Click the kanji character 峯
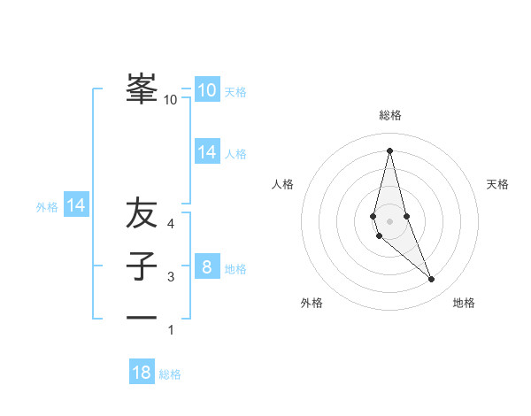tap(142, 89)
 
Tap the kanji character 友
tap(142, 213)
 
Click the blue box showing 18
tap(142, 373)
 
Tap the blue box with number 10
tap(206, 90)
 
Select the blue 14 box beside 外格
tap(76, 206)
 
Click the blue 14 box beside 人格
tap(206, 152)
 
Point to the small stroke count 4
tap(171, 224)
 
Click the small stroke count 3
tap(171, 277)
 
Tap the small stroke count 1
tap(171, 330)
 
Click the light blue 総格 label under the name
tap(170, 374)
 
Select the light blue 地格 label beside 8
tap(235, 269)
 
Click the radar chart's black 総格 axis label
tap(389, 115)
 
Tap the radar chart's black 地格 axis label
tap(464, 303)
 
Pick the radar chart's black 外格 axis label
tap(312, 303)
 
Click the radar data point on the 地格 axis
tap(431, 279)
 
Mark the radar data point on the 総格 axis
tap(389, 150)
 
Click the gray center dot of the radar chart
tap(389, 220)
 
